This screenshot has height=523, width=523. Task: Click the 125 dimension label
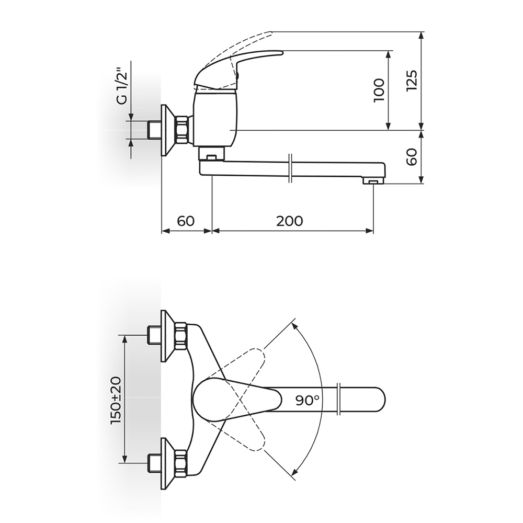point(412,81)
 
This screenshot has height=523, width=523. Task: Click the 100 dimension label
point(379,90)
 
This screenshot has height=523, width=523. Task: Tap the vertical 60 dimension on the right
point(412,157)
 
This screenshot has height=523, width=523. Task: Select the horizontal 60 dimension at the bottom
point(186,221)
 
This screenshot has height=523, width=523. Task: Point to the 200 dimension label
point(290,221)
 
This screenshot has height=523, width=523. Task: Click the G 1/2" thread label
point(123,86)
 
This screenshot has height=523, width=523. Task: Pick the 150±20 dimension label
point(116,400)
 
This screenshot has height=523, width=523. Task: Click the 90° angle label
point(308,400)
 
